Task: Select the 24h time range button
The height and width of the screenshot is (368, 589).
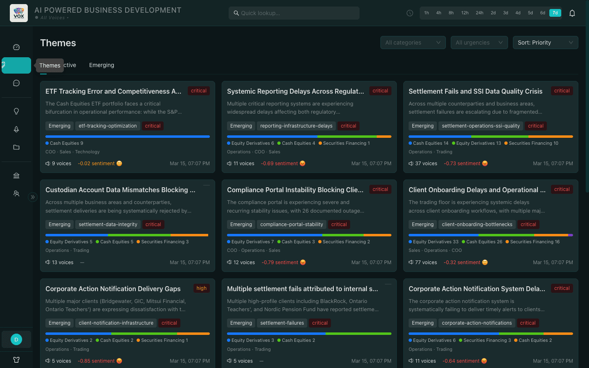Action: pos(479,13)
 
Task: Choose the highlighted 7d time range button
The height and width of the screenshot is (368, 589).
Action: pos(555,13)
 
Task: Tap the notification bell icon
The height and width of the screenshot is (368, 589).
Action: pos(572,13)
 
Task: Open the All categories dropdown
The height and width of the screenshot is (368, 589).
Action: pos(413,43)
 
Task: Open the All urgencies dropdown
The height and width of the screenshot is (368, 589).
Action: pos(479,43)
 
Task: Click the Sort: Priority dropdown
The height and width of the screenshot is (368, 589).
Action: pos(545,43)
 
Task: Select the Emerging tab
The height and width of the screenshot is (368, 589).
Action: pos(101,65)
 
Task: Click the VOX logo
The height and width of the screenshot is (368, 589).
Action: pos(19,13)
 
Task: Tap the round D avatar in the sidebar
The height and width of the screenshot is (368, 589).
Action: pos(16,339)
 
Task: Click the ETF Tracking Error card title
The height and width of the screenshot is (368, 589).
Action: pos(113,91)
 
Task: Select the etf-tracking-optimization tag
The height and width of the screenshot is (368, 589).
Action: pos(108,126)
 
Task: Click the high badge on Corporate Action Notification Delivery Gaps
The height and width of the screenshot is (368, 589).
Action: pos(201,288)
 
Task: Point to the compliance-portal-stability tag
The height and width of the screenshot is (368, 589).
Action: pos(292,224)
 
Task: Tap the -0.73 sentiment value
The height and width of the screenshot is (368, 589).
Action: pos(462,164)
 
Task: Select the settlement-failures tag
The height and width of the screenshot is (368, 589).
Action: pos(282,323)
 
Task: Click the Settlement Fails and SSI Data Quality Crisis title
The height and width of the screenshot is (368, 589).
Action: pos(475,91)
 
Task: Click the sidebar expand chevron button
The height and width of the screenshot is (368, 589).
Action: pos(33,197)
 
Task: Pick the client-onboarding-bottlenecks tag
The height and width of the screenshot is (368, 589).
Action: pos(477,224)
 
